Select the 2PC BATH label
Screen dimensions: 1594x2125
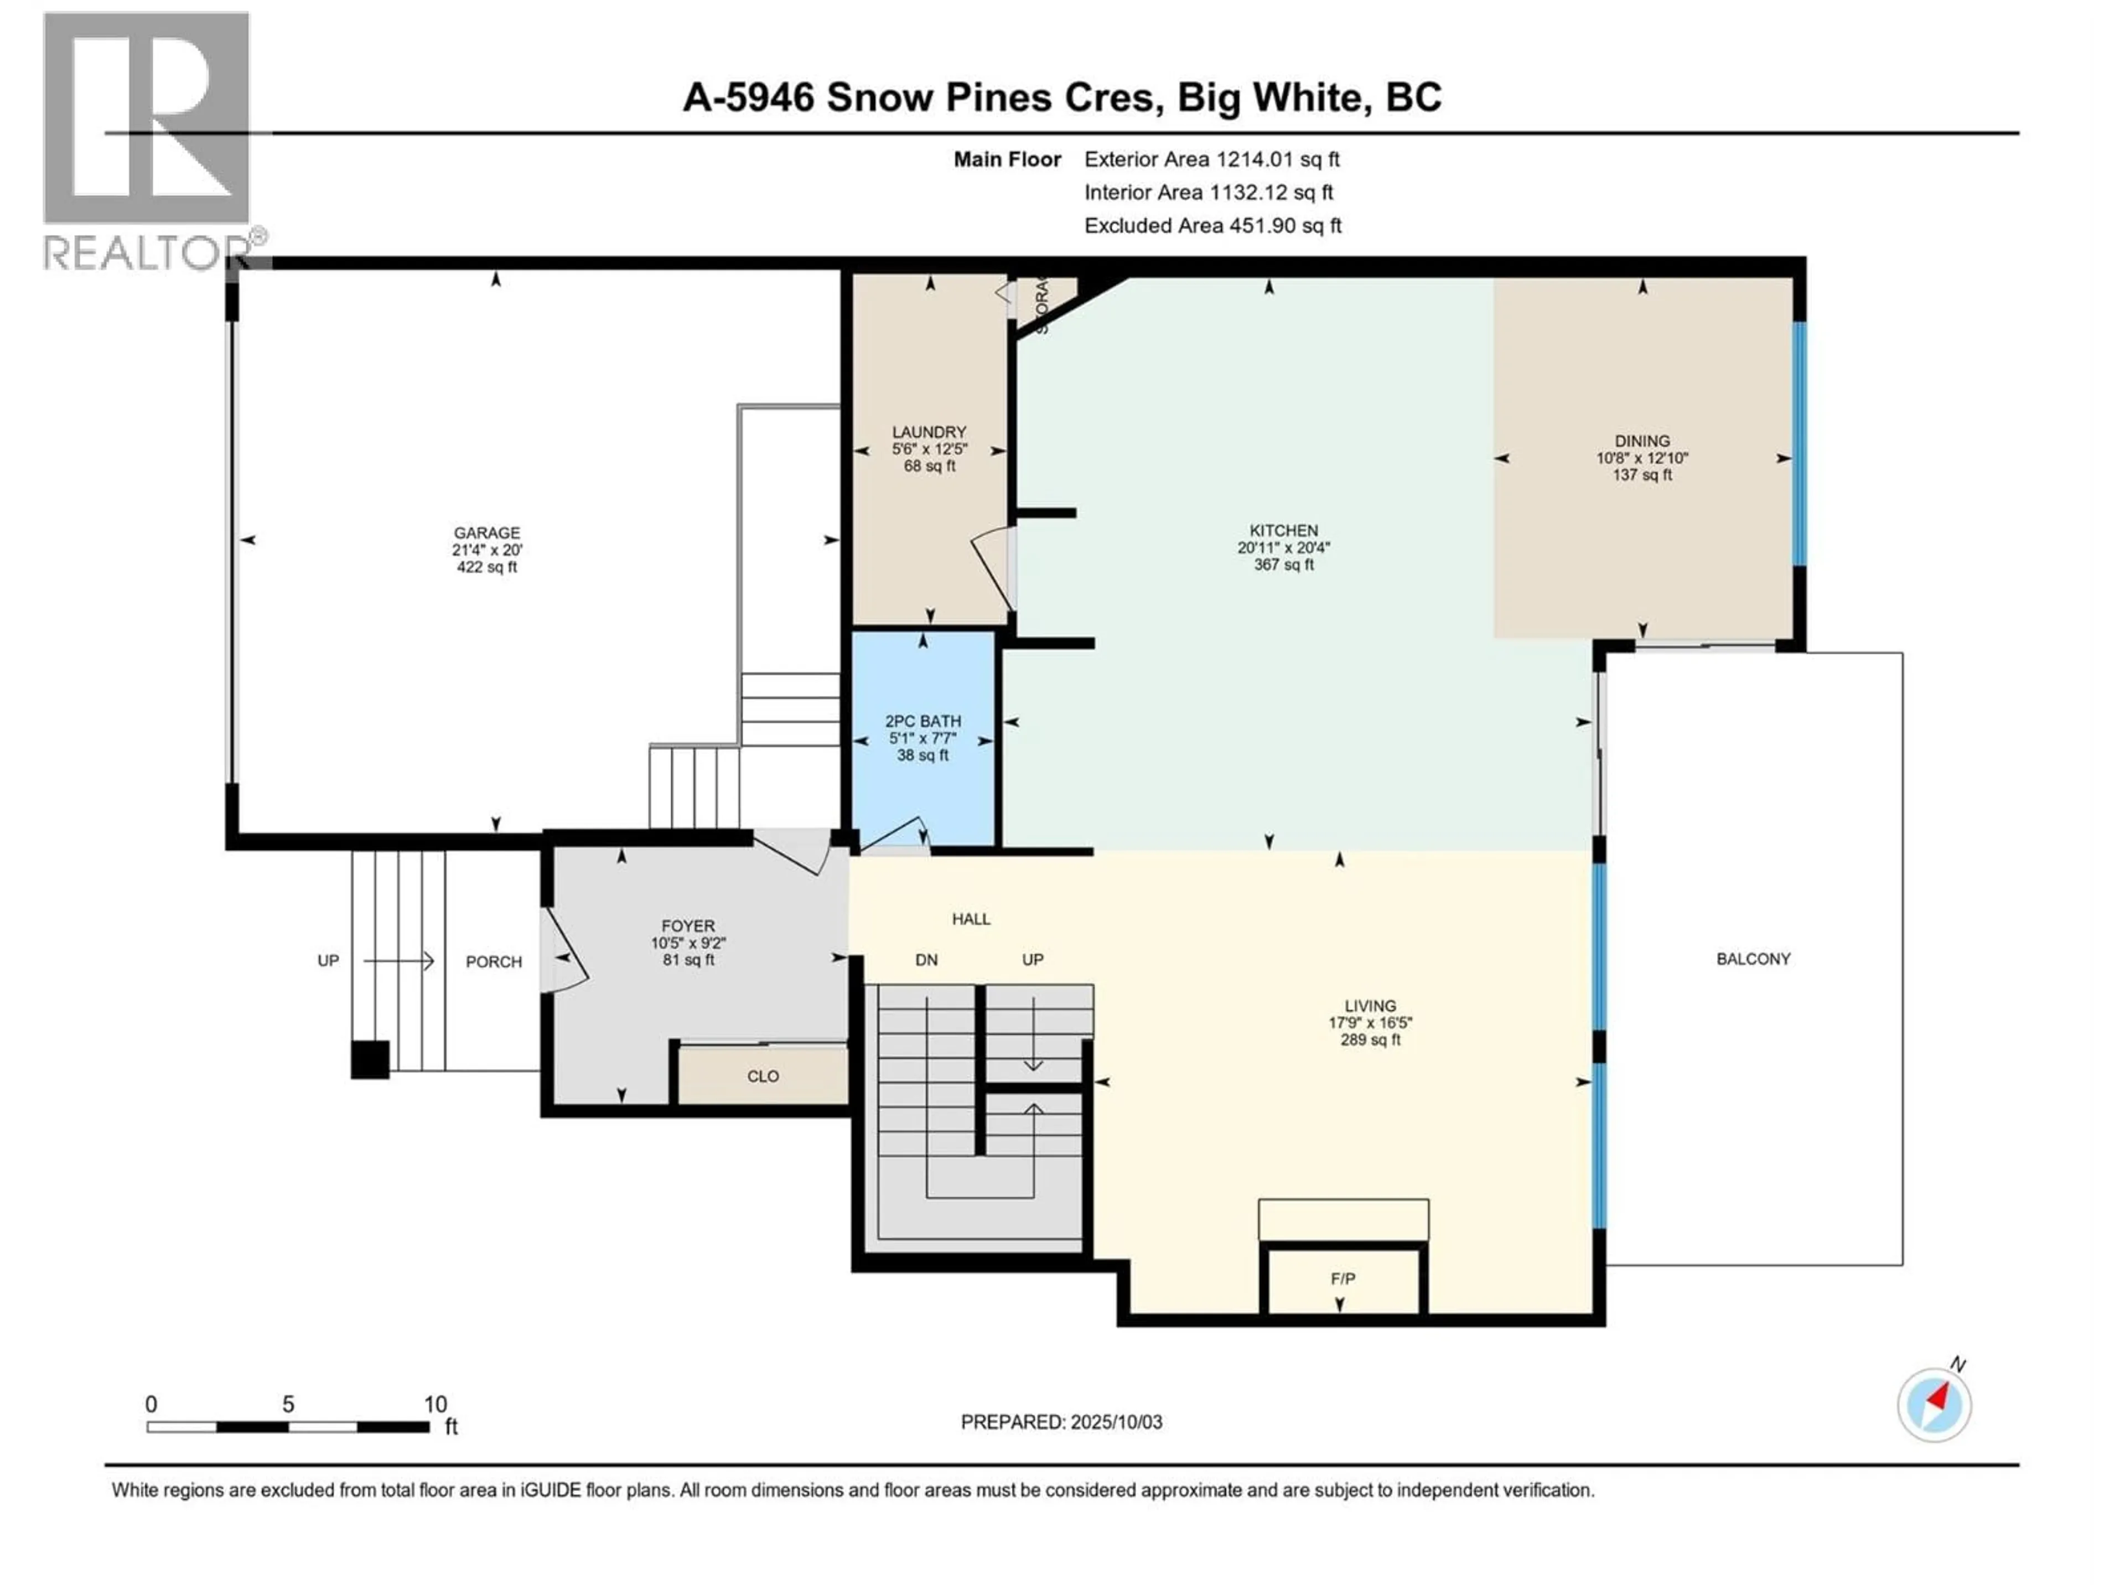click(x=922, y=721)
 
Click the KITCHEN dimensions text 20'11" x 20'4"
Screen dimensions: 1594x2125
click(x=1283, y=548)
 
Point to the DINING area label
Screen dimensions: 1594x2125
click(x=1642, y=441)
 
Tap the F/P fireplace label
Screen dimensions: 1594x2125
click(x=1342, y=1279)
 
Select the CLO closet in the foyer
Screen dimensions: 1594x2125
click(x=763, y=1076)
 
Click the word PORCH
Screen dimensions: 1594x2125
click(x=494, y=962)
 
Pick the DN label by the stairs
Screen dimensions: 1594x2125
click(x=926, y=960)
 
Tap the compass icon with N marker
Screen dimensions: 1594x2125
click(x=1934, y=1404)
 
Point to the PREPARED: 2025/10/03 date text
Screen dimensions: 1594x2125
click(x=1061, y=1422)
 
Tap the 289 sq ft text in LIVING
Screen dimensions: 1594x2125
click(x=1370, y=1039)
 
